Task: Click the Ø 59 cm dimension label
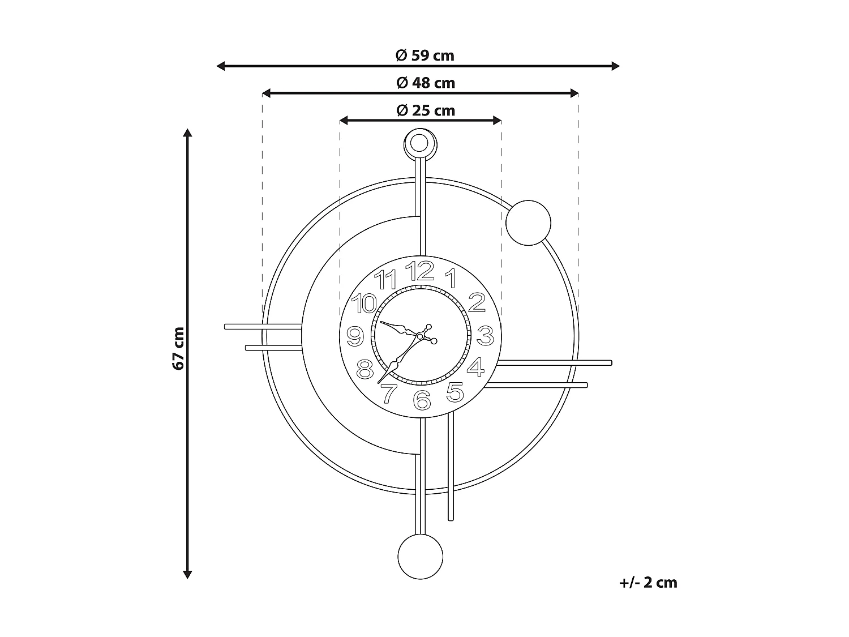424,55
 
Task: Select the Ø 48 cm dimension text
426,83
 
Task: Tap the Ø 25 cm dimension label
426,110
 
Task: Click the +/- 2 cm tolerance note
648,583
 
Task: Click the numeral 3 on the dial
485,336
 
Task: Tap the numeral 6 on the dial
422,400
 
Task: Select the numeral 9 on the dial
355,336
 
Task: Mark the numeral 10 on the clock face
363,303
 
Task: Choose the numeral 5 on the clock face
455,391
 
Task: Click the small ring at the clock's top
419,143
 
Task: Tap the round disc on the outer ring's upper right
528,223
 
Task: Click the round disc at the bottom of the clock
420,556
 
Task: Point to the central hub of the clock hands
420,336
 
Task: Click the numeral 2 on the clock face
477,303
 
